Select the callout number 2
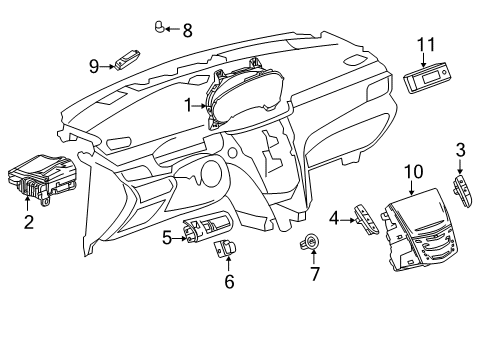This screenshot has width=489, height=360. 29,222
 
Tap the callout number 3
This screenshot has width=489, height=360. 461,151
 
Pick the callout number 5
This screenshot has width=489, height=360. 167,237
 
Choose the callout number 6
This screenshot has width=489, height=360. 228,282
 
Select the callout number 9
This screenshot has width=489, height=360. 94,66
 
